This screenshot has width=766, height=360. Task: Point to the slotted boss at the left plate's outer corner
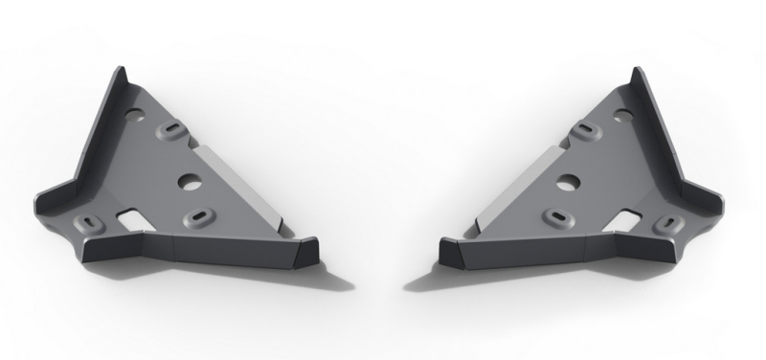pyautogui.click(x=93, y=222)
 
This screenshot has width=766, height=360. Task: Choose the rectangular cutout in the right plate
pyautogui.click(x=628, y=219)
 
